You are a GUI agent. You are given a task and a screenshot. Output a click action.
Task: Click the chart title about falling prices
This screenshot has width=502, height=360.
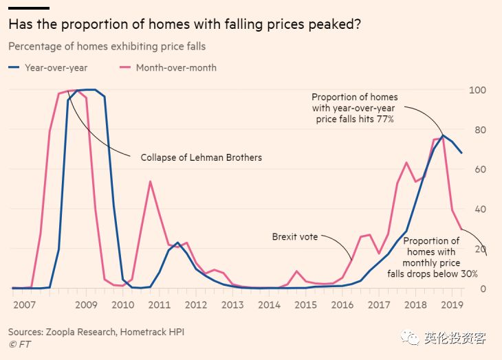tap(185, 25)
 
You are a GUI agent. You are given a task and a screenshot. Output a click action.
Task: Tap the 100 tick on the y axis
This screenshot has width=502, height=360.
tap(477, 90)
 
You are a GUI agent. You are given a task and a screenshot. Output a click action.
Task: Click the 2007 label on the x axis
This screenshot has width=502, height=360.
tap(23, 304)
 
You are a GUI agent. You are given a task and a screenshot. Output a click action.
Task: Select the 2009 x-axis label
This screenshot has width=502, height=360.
tap(85, 304)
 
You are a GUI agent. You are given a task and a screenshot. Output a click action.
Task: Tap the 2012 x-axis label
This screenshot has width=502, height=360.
tap(195, 304)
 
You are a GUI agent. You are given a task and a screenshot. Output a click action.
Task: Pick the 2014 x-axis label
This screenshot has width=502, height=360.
tap(269, 304)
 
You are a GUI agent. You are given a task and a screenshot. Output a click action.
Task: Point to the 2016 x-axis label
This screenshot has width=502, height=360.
tap(342, 304)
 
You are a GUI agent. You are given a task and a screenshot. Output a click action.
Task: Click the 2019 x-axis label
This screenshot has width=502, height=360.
tap(451, 304)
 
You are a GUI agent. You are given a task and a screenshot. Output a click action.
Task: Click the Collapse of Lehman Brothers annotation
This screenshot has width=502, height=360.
tap(201, 157)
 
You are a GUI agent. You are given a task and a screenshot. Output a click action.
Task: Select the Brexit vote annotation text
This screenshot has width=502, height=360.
tap(295, 236)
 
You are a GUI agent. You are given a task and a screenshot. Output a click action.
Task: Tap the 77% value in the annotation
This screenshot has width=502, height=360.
tap(383, 119)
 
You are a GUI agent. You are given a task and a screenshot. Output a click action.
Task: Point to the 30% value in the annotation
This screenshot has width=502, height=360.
tap(468, 274)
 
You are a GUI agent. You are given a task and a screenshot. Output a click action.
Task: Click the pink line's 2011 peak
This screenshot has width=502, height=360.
tap(150, 181)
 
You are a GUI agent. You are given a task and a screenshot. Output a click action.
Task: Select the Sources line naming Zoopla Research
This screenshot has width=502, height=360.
tap(96, 332)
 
